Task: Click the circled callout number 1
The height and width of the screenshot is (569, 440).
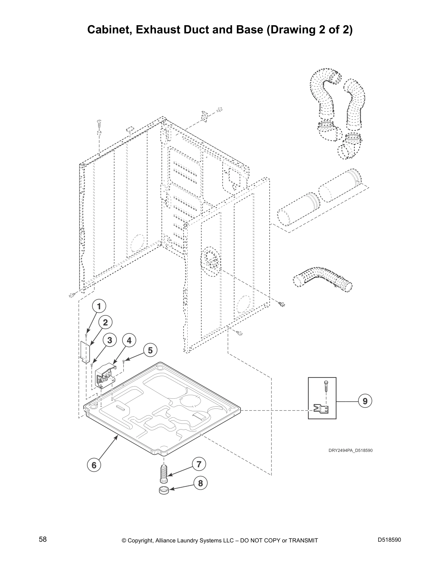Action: click(x=99, y=306)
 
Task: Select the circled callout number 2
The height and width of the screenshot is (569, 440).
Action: click(x=105, y=322)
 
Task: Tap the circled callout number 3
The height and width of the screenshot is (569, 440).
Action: click(x=110, y=340)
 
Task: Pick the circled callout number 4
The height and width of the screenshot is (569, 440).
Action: click(x=129, y=340)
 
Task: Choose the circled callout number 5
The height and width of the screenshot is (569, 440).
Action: click(x=150, y=350)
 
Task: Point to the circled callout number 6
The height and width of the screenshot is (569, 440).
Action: click(x=94, y=465)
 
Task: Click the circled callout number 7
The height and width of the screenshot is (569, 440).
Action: click(x=199, y=464)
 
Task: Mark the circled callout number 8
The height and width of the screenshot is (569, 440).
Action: click(x=201, y=483)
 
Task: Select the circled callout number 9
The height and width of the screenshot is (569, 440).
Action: click(x=365, y=401)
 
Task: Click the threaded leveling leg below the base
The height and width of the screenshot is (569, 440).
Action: click(x=164, y=473)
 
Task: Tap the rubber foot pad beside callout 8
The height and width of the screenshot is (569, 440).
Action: click(x=164, y=490)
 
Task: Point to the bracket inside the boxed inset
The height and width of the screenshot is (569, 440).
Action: click(x=321, y=409)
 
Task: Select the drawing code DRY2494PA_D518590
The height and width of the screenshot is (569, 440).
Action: click(x=350, y=450)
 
